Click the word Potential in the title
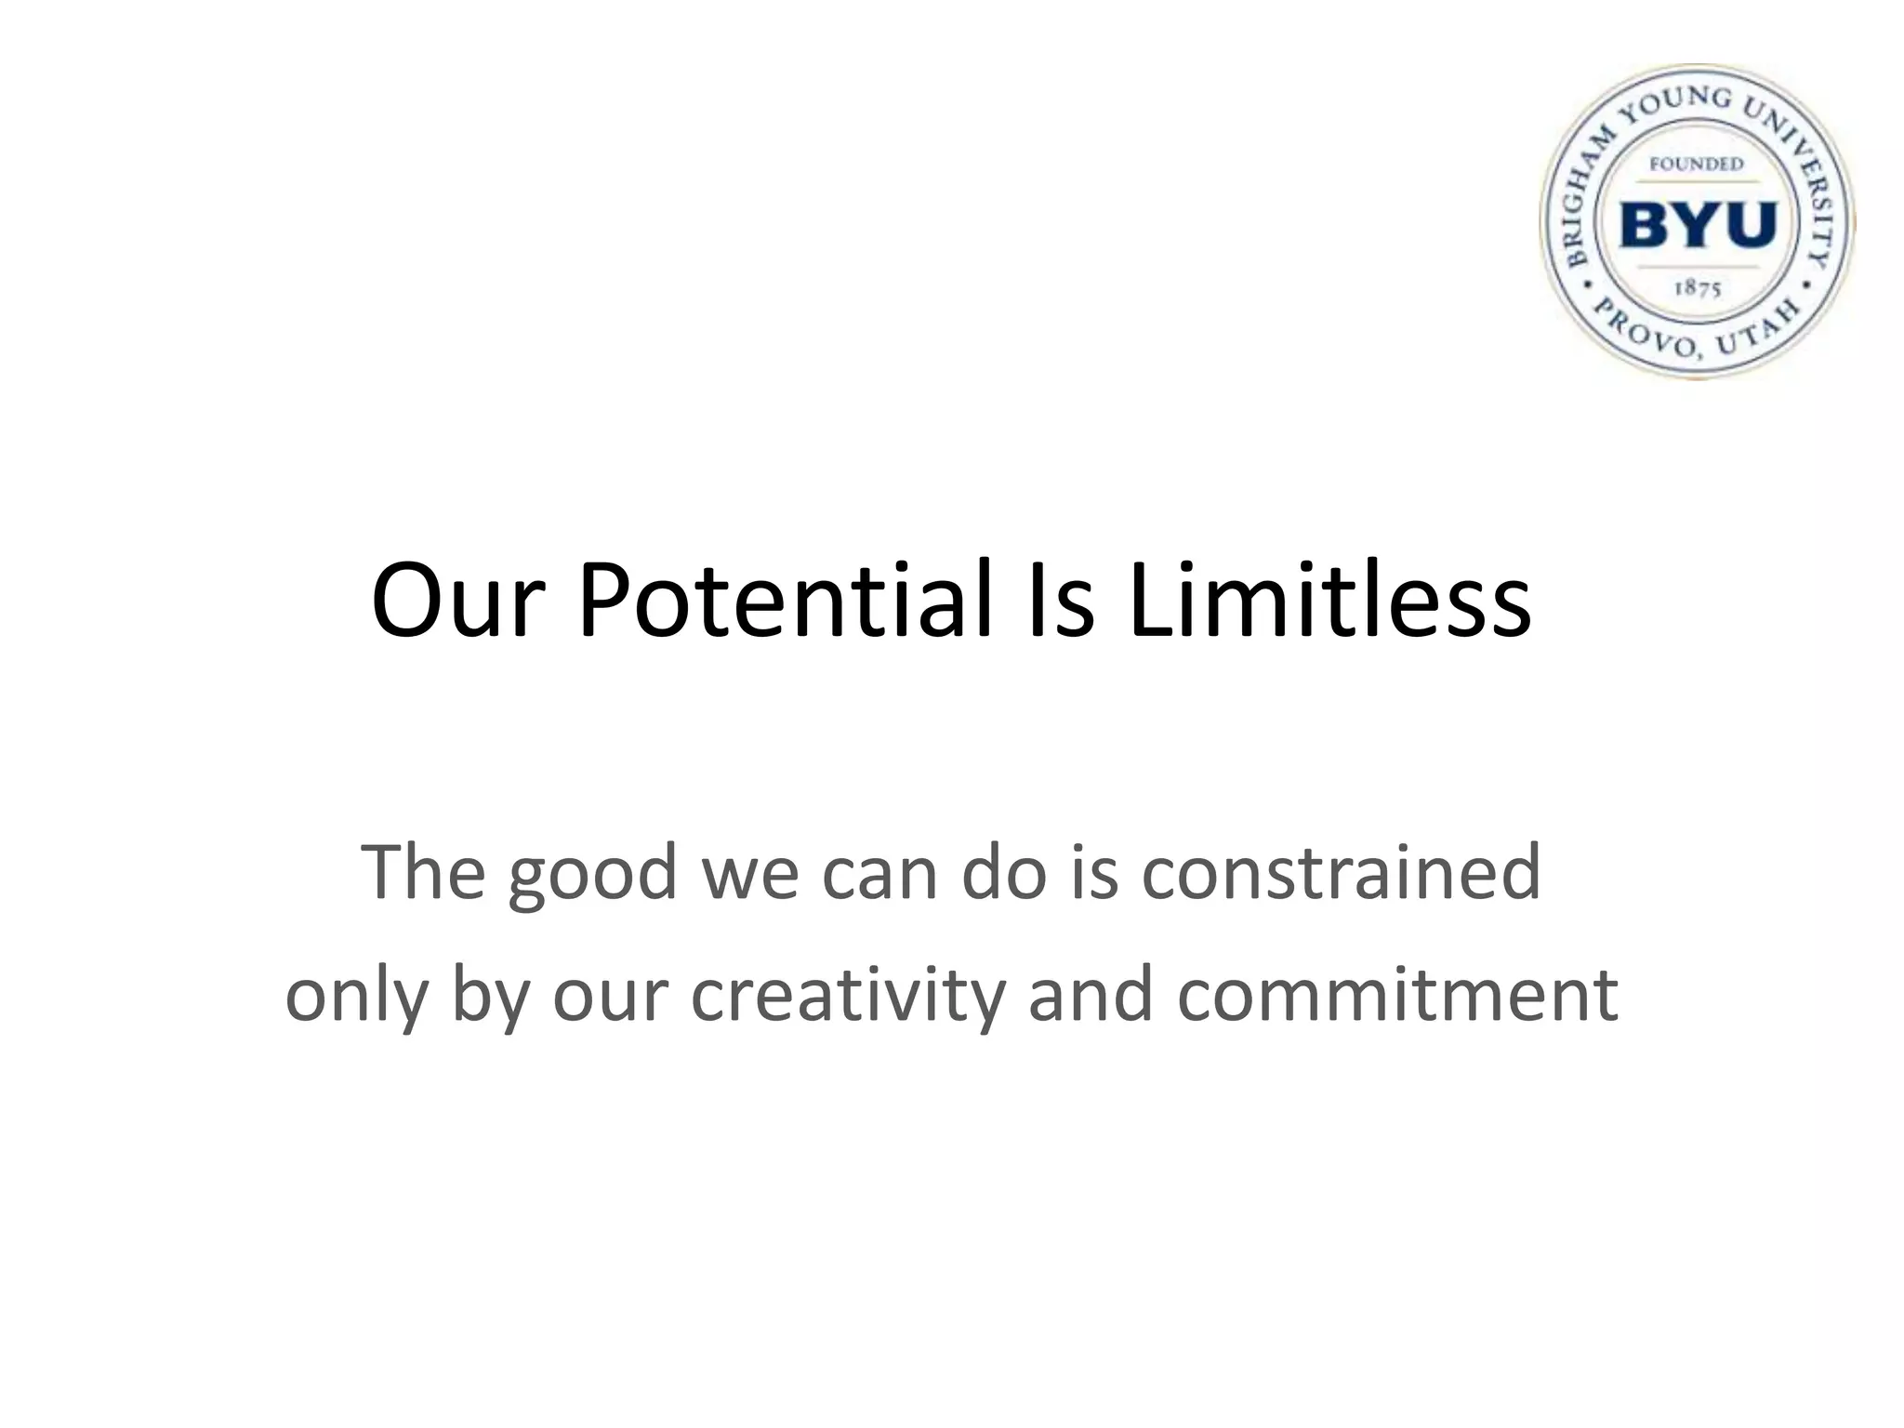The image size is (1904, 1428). [785, 602]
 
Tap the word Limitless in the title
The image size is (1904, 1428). [1329, 600]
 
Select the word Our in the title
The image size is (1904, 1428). [456, 602]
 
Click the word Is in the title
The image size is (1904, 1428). [1061, 600]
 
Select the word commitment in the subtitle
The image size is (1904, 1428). [1397, 995]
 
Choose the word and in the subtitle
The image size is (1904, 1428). [1091, 995]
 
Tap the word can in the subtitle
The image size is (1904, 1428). [879, 874]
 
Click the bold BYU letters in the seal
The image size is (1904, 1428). [1698, 225]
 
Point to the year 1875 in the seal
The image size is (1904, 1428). [1698, 288]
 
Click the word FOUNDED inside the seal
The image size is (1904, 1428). [1697, 165]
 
